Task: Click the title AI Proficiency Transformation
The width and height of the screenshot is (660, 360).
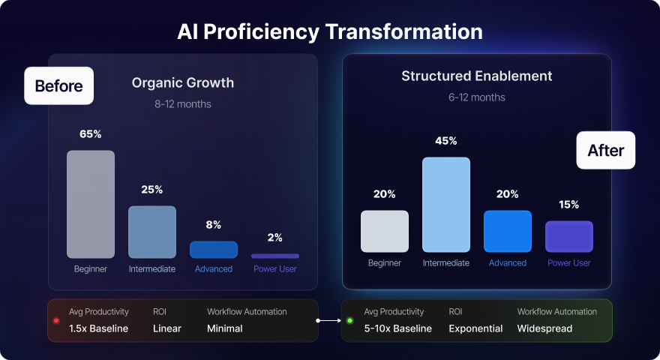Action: pos(330,32)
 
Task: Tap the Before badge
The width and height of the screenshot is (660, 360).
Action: pos(58,85)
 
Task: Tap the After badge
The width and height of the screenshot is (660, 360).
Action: pos(605,151)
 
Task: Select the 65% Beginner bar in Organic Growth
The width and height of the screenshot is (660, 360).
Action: pos(91,204)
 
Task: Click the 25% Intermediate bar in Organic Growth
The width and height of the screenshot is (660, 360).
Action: pos(152,232)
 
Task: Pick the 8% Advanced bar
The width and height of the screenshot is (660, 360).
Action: pos(214,250)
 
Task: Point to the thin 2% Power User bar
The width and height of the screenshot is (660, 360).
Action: pos(275,256)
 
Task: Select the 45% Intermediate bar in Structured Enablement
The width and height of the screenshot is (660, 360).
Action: pos(446,204)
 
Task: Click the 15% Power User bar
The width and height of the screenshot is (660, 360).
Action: pos(569,236)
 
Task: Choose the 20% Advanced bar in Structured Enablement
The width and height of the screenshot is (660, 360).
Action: pos(508,231)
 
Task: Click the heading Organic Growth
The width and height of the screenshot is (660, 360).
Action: pos(183,83)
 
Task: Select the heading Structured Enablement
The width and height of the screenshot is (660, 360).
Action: pos(477,76)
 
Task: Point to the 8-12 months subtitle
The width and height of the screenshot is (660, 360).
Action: pos(183,104)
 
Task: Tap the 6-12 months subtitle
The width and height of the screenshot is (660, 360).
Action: pos(477,97)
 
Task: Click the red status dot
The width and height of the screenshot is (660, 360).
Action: pos(55,320)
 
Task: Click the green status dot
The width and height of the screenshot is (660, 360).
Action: pos(349,320)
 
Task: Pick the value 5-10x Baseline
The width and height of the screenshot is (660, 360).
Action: pos(397,328)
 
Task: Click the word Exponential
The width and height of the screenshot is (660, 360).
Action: pos(476,328)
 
